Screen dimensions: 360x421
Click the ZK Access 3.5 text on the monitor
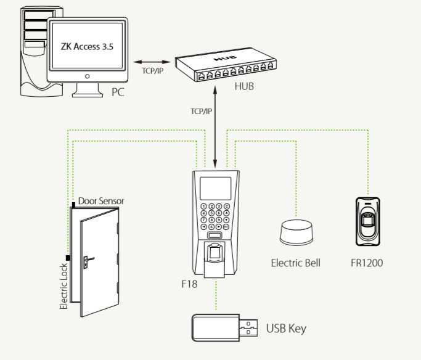[x=88, y=46]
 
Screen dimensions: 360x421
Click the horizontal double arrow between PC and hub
[x=151, y=62]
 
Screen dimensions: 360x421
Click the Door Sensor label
[x=102, y=201]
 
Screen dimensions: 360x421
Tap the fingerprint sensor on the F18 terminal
[x=213, y=253]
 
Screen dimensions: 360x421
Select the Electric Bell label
[x=296, y=263]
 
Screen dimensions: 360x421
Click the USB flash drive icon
[x=223, y=326]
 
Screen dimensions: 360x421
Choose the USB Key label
[x=285, y=328]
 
